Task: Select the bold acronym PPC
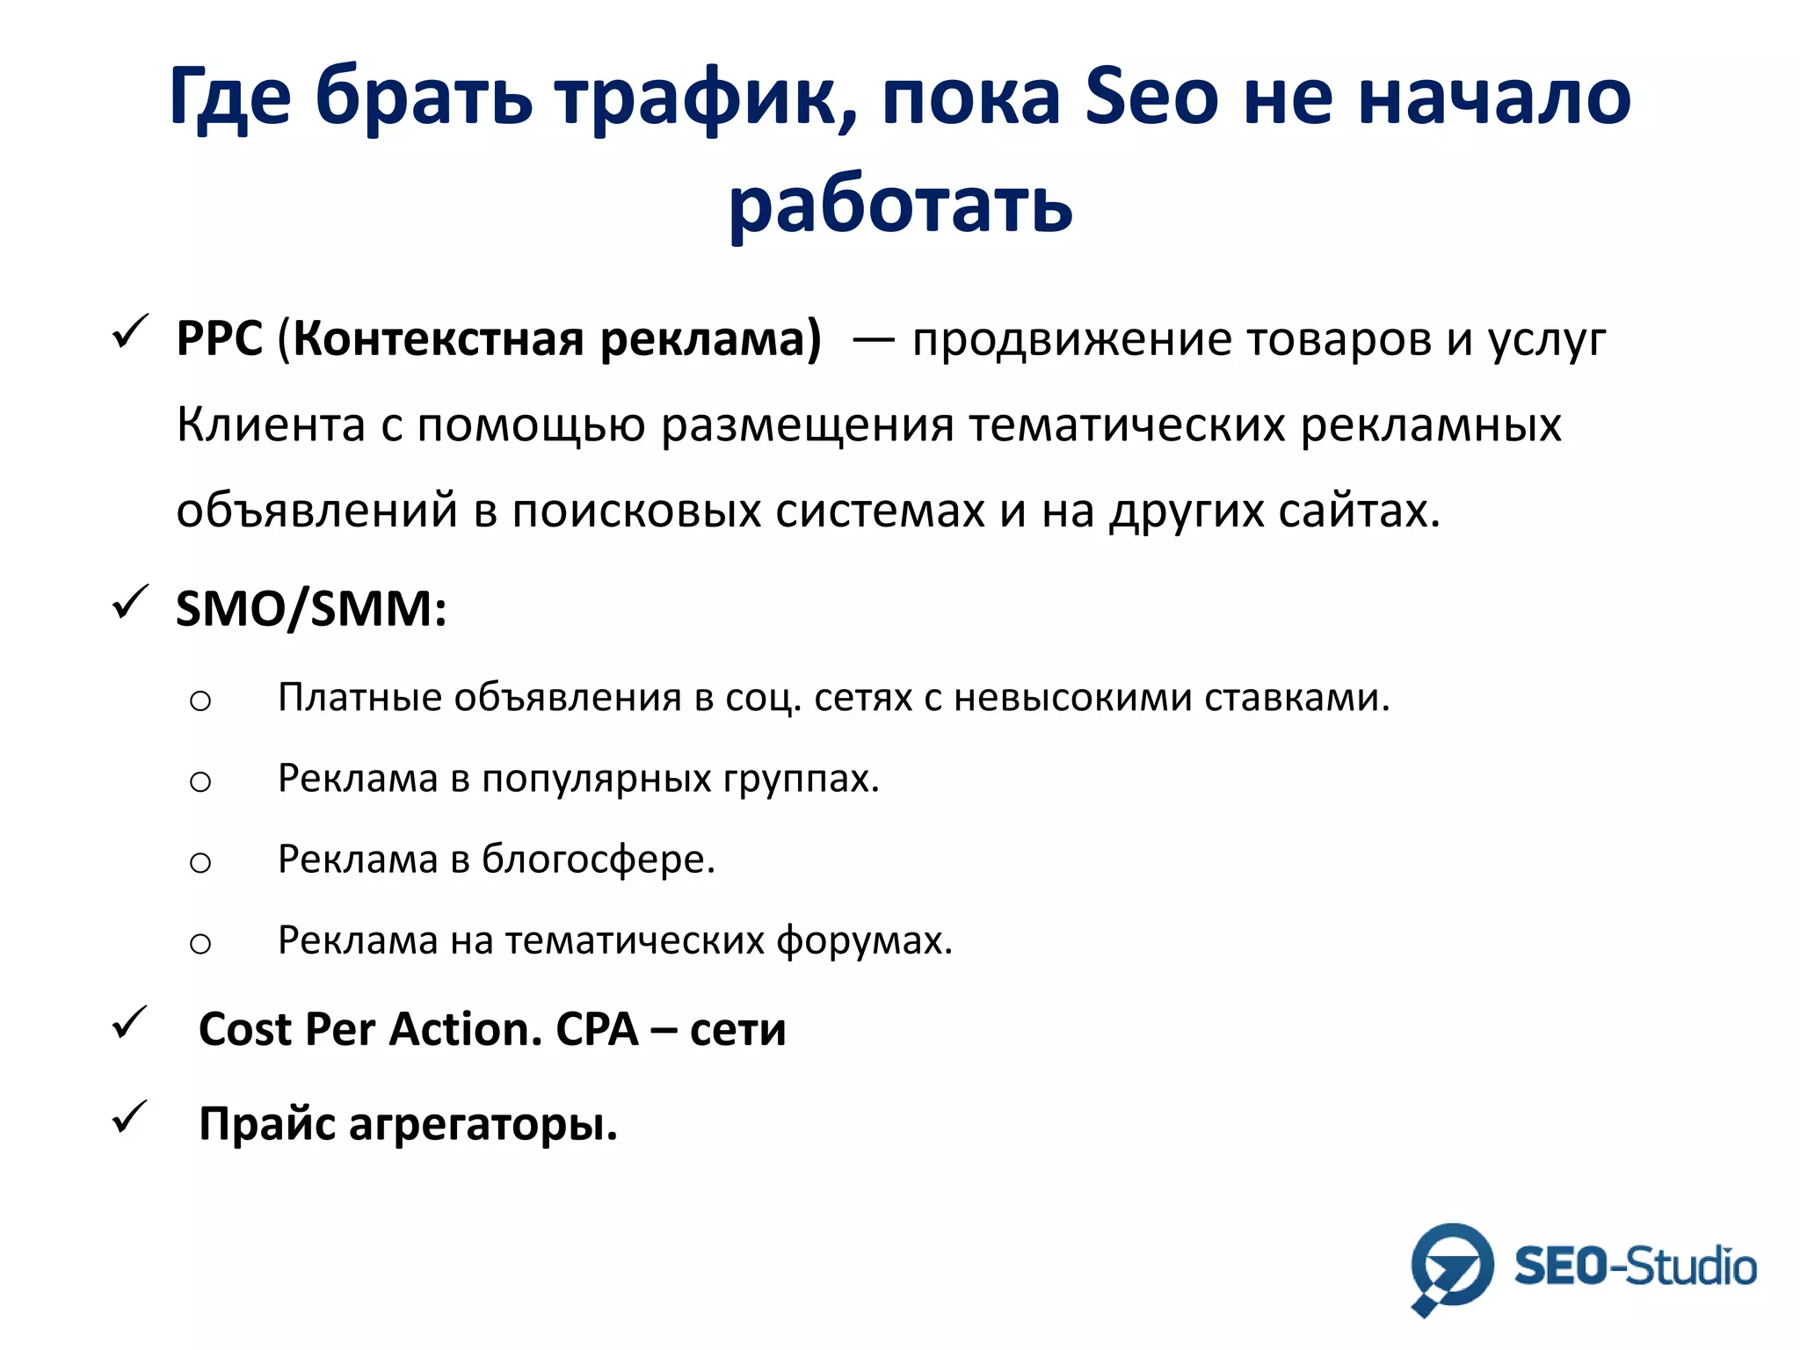point(219,338)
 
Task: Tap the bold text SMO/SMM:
point(311,608)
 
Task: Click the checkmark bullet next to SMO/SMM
point(130,603)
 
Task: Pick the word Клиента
point(271,425)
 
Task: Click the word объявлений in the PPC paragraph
point(316,511)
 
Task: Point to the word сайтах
point(1359,511)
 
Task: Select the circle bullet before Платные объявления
point(200,700)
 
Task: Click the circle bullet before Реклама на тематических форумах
point(200,944)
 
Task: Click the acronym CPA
point(597,1029)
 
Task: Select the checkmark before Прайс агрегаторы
point(130,1118)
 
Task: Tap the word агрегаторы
point(483,1124)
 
